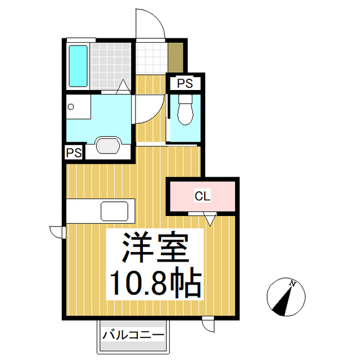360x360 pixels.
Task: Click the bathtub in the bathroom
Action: coord(78,66)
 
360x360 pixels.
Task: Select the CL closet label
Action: coord(202,196)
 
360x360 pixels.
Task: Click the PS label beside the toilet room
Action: coord(184,84)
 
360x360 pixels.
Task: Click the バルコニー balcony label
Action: coord(133,335)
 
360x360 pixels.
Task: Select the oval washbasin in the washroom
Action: coord(109,145)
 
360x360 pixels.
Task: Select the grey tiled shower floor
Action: coord(112,66)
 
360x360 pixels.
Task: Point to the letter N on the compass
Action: coord(292,283)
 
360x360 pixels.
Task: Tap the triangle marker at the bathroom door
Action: coord(122,87)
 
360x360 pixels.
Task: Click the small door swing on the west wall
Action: coord(57,231)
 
